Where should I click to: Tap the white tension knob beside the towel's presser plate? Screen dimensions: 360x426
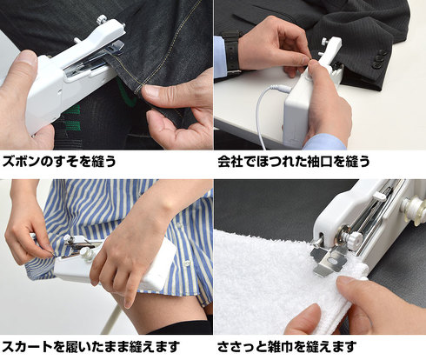354,239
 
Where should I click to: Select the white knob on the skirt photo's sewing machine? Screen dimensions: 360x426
86,252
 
